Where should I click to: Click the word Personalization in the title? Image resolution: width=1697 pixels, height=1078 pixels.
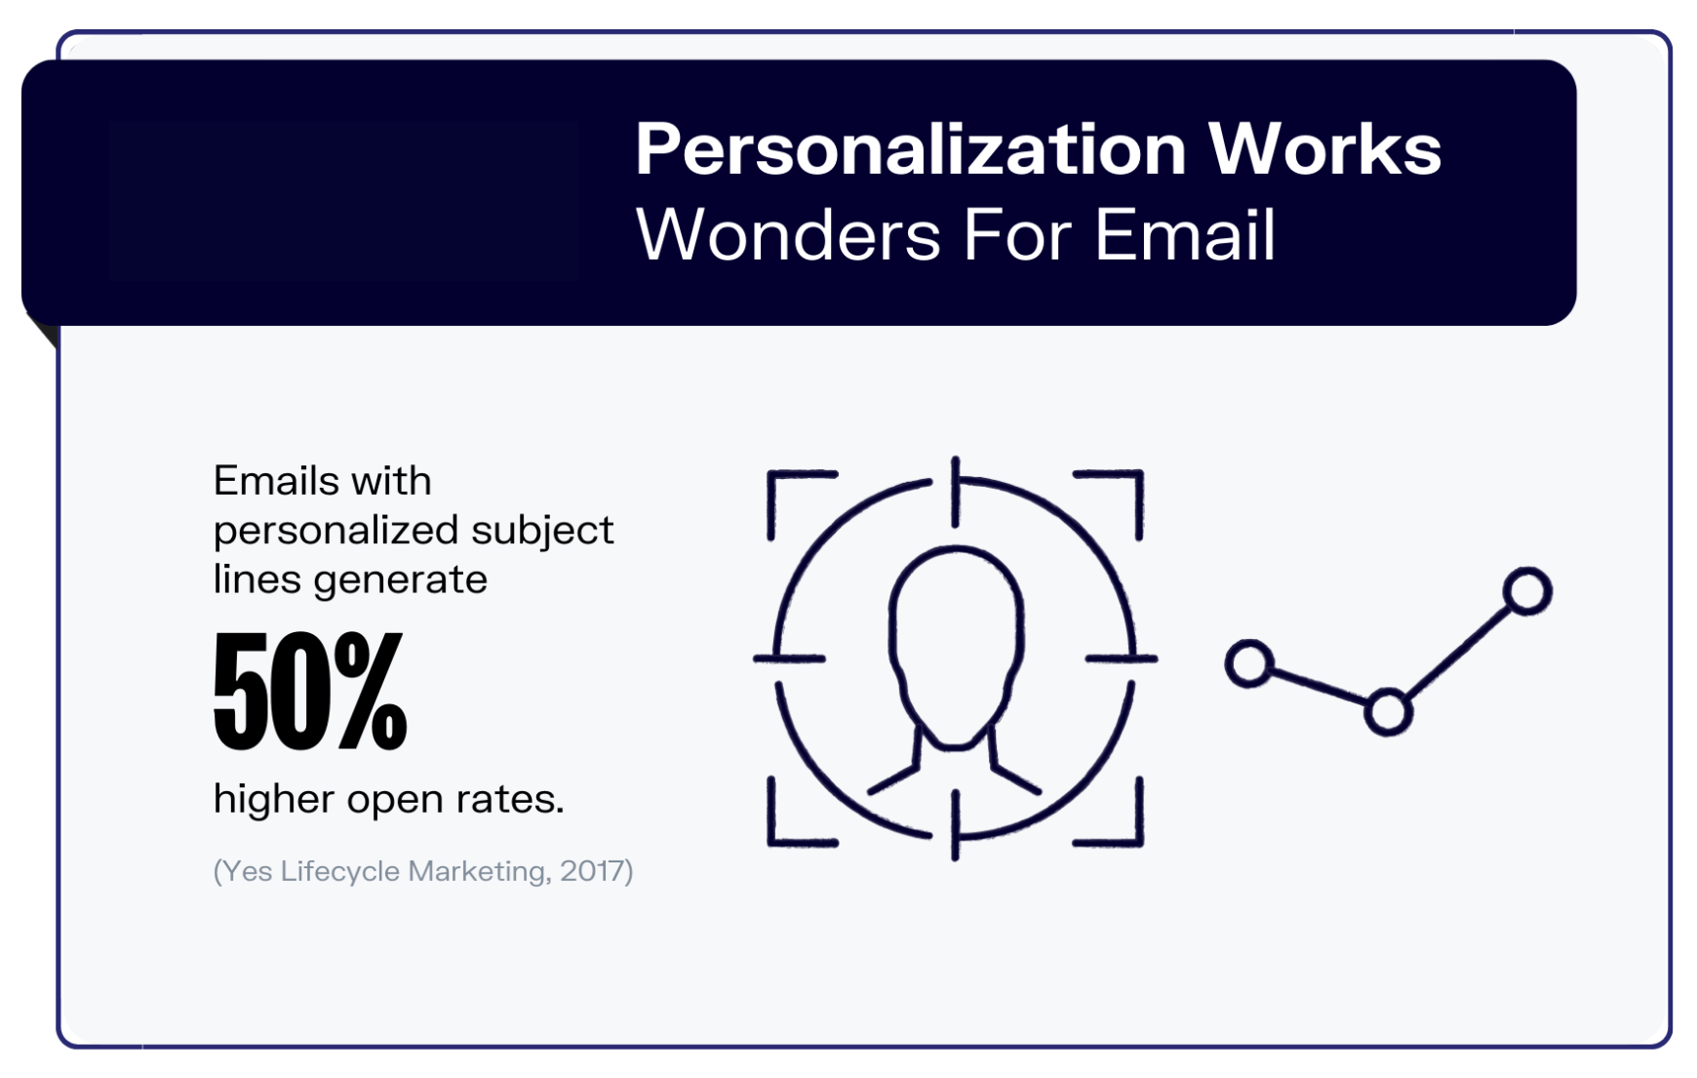pos(909,150)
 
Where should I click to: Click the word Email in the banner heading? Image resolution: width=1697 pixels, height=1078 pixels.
pos(1184,235)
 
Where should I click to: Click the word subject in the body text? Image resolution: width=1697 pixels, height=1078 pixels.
pos(542,532)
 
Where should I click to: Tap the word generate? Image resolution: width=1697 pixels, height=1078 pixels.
pos(400,579)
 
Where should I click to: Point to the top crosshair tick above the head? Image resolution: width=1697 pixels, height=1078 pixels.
pos(956,492)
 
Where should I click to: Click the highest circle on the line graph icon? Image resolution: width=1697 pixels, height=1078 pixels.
pos(1527,591)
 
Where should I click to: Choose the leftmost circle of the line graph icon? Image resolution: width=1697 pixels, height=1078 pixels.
pos(1249,664)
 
